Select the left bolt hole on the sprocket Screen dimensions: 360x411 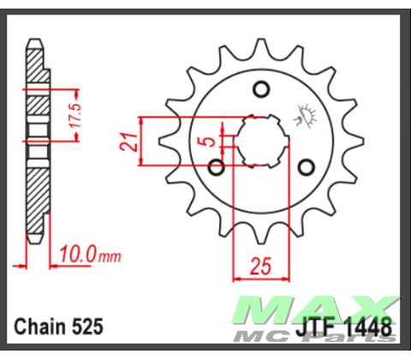click(x=218, y=165)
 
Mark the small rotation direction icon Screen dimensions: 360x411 click(x=304, y=114)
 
